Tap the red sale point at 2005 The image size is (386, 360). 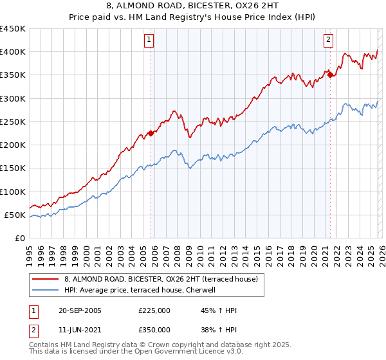(x=151, y=133)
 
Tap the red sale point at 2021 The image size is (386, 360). (x=330, y=75)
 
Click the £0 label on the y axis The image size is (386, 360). (x=19, y=238)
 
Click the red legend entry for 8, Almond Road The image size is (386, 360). (x=161, y=279)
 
